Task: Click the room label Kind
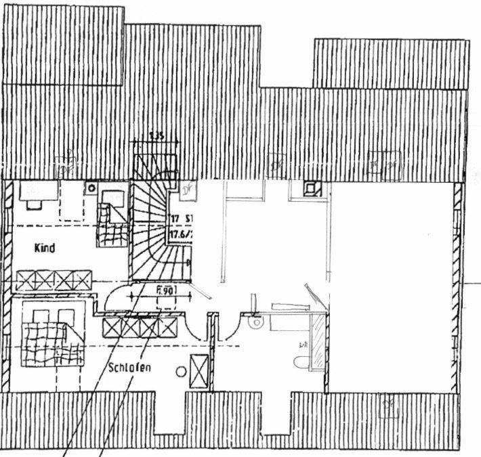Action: coord(45,248)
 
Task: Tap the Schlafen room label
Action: coord(129,369)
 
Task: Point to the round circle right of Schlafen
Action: coord(181,371)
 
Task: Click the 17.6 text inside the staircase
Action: coord(179,232)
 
